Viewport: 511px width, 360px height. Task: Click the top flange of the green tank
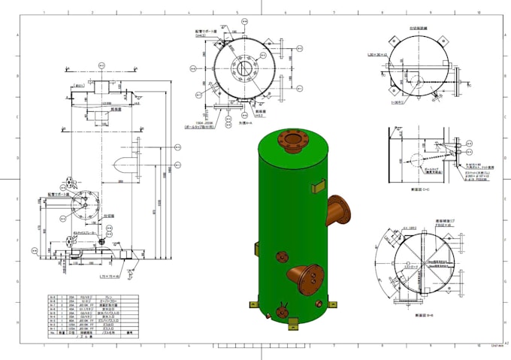pyautogui.click(x=290, y=139)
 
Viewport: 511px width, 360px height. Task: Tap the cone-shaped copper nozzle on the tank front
pyautogui.click(x=305, y=277)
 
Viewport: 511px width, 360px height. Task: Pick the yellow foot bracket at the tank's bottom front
pyautogui.click(x=293, y=324)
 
